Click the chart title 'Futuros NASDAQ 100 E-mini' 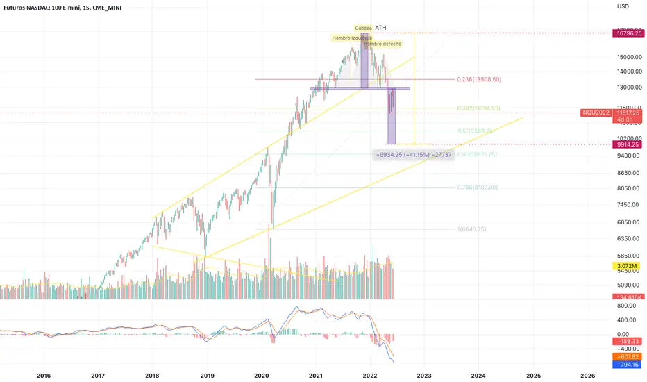coord(44,8)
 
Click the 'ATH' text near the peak coord(380,28)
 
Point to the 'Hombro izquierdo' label coord(351,38)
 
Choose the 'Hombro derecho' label coord(383,44)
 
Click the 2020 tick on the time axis coord(262,375)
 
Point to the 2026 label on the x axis coord(587,375)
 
